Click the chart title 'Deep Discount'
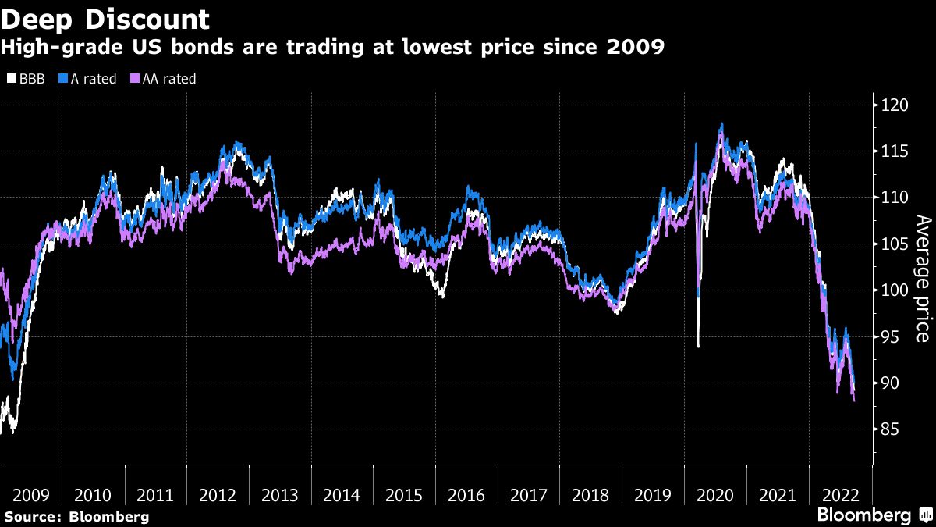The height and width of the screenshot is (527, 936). point(105,19)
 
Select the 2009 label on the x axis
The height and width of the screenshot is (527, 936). point(31,495)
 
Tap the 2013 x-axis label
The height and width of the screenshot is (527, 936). point(279,495)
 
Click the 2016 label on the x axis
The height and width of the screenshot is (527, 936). point(466,495)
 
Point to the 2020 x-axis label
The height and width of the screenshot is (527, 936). point(714,495)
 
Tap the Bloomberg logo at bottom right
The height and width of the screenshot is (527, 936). point(874,515)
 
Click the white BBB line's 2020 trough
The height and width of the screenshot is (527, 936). point(698,346)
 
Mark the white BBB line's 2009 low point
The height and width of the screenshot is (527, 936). point(13,430)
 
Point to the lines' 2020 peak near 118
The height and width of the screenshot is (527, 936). point(721,124)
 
